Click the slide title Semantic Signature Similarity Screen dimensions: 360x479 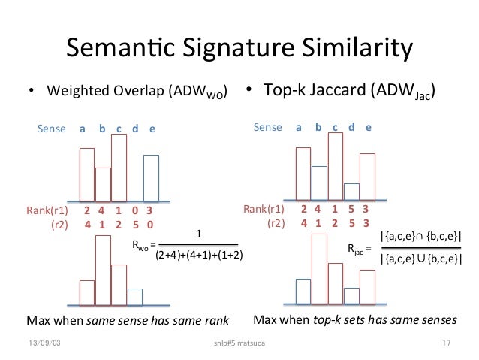coord(239,51)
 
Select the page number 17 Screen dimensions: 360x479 coord(446,344)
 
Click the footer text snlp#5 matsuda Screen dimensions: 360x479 coord(239,344)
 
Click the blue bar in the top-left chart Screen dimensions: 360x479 coord(151,177)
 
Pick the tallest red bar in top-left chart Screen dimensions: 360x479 coord(119,167)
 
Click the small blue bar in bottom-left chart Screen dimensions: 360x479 coord(135,298)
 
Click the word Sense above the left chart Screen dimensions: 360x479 coord(52,129)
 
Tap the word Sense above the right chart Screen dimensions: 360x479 coord(267,127)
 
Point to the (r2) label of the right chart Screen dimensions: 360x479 coord(276,222)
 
